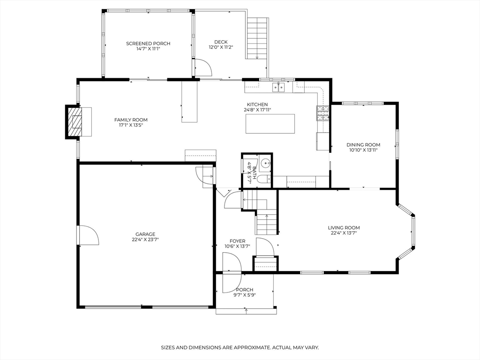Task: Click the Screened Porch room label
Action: (x=148, y=44)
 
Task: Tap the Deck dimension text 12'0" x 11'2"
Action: (x=221, y=47)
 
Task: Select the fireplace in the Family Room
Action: (x=74, y=122)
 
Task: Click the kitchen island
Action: (x=270, y=124)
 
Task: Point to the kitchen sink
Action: (x=279, y=86)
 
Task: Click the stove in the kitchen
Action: (x=323, y=113)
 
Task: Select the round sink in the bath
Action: (x=266, y=164)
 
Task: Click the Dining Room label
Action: (x=363, y=145)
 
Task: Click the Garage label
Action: (x=145, y=234)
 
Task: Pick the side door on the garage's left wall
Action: (x=89, y=235)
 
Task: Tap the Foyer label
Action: (x=237, y=241)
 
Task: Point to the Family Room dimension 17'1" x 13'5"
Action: (x=131, y=125)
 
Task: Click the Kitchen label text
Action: (x=257, y=105)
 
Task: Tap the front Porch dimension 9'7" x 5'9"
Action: (x=244, y=295)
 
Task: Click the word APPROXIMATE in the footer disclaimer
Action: (x=247, y=347)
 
